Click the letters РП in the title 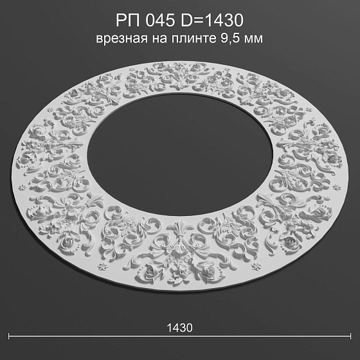click(x=128, y=20)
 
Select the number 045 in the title click(x=160, y=20)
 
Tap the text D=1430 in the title click(x=212, y=20)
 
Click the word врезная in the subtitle click(x=122, y=39)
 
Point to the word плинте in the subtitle click(x=194, y=39)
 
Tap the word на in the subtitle click(x=159, y=39)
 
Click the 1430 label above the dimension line click(x=179, y=328)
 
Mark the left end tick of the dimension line click(x=9, y=336)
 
